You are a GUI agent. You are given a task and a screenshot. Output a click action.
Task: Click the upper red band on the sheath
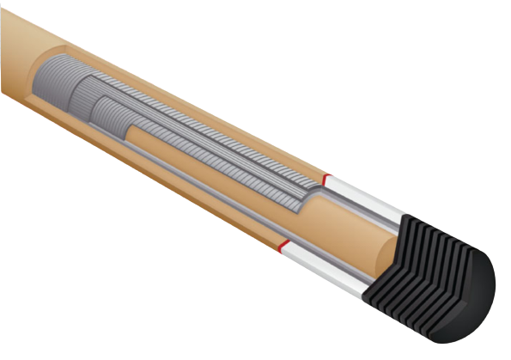[325, 179]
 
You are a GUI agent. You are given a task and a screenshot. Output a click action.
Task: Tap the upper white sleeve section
[348, 190]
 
